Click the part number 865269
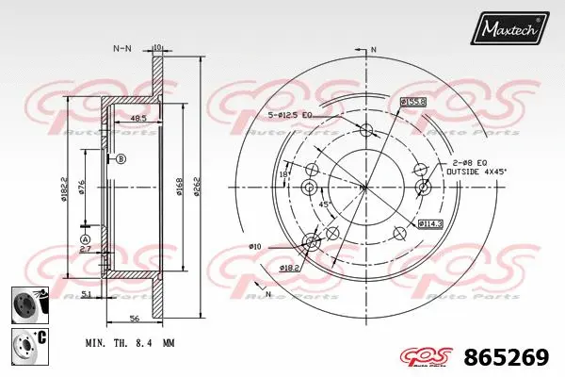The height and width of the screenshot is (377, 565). pyautogui.click(x=508, y=358)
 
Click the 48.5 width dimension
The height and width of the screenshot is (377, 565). pyautogui.click(x=137, y=119)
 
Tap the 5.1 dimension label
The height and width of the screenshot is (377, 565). pyautogui.click(x=86, y=295)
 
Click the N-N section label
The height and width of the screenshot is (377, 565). pyautogui.click(x=122, y=47)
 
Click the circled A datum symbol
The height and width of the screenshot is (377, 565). pyautogui.click(x=85, y=240)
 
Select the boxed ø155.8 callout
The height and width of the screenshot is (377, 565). pyautogui.click(x=412, y=101)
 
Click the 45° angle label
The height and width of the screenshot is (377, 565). pyautogui.click(x=325, y=205)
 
